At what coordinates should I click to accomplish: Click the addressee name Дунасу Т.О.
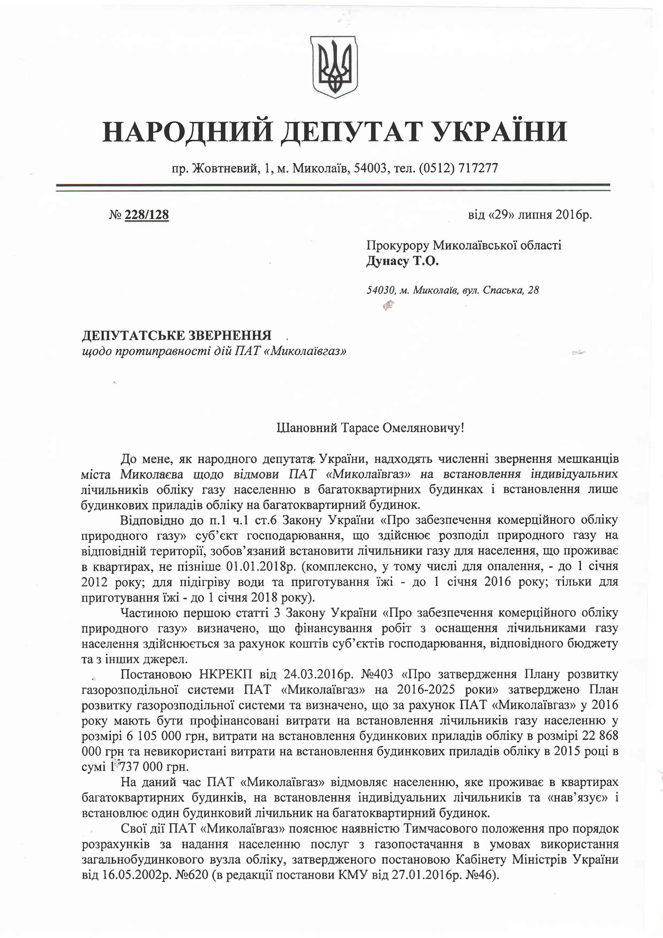(x=402, y=262)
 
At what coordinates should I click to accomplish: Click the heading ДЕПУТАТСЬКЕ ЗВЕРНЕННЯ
(x=176, y=336)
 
